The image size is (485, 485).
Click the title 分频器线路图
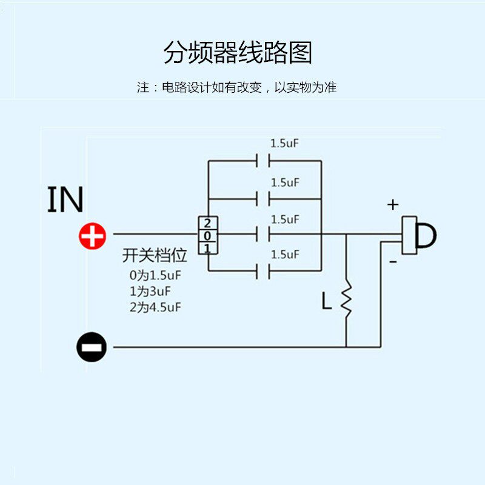[238, 53]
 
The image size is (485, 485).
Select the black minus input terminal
[92, 347]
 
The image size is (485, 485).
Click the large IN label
[65, 200]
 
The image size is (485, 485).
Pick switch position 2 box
[207, 223]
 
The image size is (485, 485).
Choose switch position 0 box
[207, 235]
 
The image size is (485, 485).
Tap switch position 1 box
[207, 248]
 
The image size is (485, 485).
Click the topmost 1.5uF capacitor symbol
[263, 161]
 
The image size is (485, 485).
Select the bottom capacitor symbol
[263, 271]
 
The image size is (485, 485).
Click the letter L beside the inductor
[327, 301]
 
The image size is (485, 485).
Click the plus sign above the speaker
[393, 204]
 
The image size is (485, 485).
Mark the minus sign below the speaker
[393, 262]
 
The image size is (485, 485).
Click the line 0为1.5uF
[155, 276]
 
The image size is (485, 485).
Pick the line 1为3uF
[151, 292]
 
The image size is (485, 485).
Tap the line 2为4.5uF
[155, 307]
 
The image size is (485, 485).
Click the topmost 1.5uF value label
[285, 144]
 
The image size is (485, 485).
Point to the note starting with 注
[236, 87]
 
